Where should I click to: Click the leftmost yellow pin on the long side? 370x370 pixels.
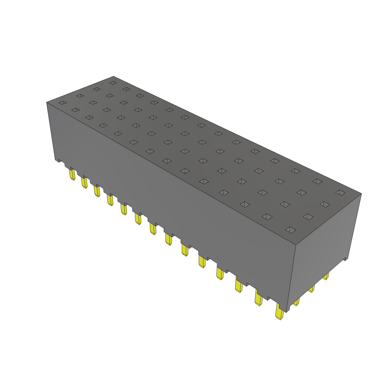pos(72,175)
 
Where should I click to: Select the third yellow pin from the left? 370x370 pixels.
pos(97,191)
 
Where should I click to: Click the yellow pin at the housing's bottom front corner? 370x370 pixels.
pos(279,312)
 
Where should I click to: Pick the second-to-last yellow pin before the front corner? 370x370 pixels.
pos(259,298)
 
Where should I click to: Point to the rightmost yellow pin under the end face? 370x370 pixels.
pos(326,276)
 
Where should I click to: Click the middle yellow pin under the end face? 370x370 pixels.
pos(311,288)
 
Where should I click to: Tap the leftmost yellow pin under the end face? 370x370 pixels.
pos(296,301)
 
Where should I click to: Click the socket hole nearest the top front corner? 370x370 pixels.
pos(291,230)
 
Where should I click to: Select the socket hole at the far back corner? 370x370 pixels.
pos(113,83)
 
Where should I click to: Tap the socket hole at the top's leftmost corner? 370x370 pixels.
pos(63,103)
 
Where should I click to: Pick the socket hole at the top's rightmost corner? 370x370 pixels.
pos(340,192)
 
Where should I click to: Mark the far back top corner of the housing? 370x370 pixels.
pos(113,76)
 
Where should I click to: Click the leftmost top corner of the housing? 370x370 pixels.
pos(47,102)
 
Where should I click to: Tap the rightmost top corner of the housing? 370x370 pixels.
pos(361,193)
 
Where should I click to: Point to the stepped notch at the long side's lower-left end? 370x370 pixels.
pos(58,160)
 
